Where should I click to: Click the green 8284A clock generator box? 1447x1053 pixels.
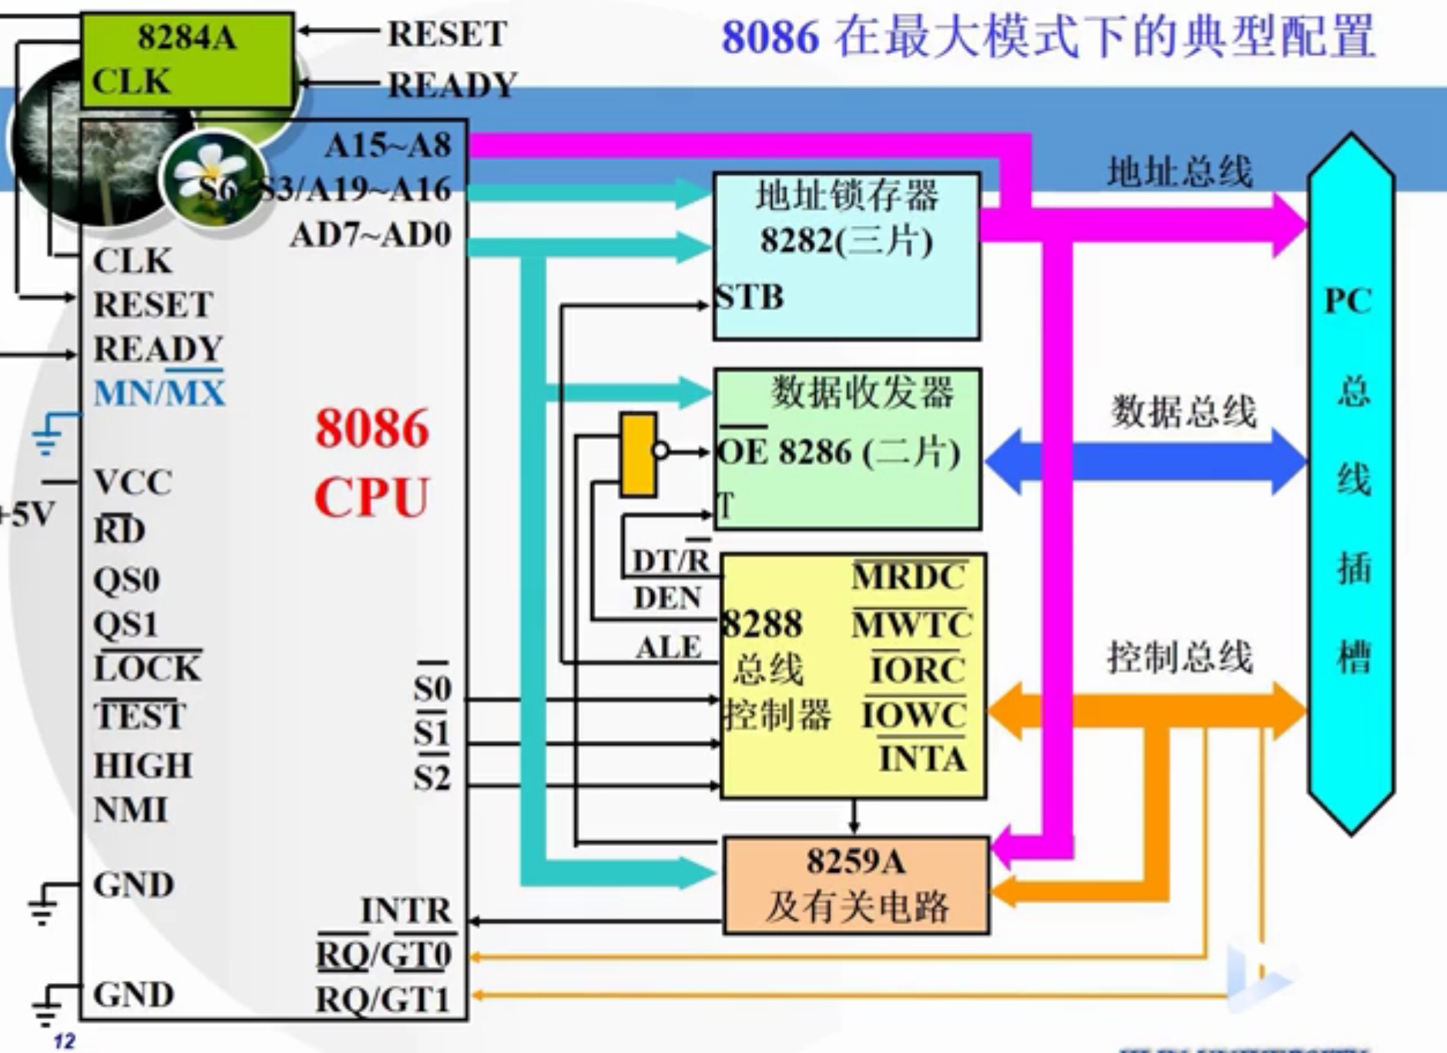click(x=186, y=59)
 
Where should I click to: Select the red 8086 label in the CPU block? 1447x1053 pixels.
click(x=371, y=428)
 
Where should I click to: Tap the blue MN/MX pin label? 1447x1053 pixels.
click(x=159, y=393)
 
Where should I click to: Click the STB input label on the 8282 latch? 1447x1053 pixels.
click(x=749, y=297)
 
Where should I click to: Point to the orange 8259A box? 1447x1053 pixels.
click(x=855, y=885)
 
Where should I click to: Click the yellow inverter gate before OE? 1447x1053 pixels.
click(x=639, y=454)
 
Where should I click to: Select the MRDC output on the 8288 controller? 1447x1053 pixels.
click(x=909, y=577)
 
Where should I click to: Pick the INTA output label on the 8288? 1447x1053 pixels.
click(x=922, y=759)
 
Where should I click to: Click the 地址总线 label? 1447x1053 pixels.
click(x=1179, y=171)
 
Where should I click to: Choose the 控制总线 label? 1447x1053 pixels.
click(x=1180, y=657)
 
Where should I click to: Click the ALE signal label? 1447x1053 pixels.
click(x=668, y=648)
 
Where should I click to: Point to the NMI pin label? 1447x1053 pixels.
click(x=130, y=810)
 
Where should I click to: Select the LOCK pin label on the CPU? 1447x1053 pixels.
click(x=147, y=668)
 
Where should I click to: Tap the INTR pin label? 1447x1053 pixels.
click(x=406, y=910)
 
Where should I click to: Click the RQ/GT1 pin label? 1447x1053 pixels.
click(x=382, y=1000)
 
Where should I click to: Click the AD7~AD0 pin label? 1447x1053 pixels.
click(x=371, y=235)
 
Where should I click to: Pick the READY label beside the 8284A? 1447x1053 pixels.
click(x=452, y=85)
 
